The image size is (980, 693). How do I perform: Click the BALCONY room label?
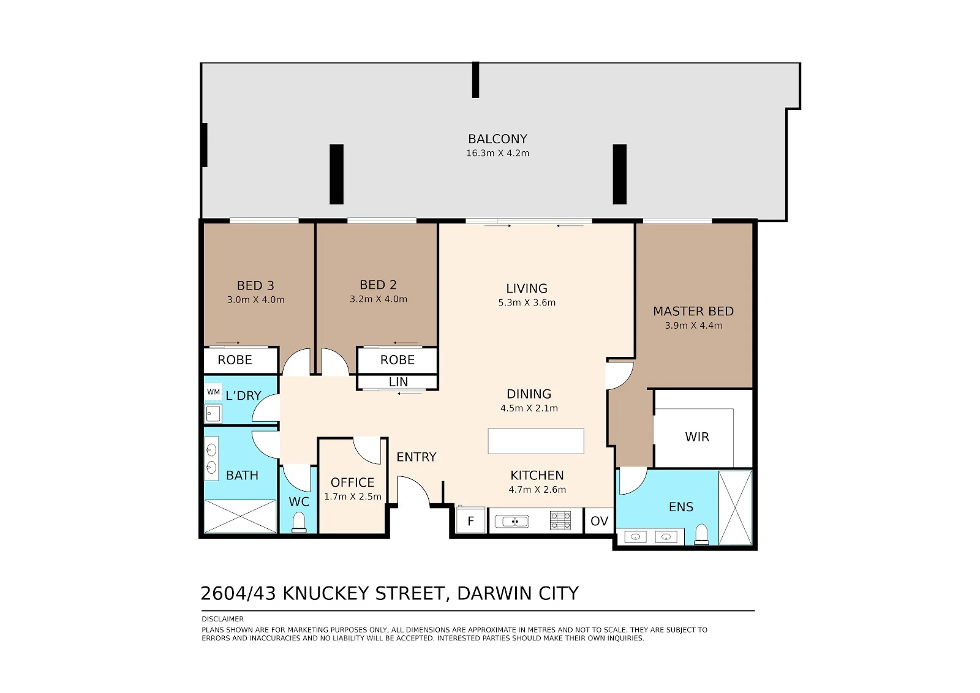[x=497, y=139]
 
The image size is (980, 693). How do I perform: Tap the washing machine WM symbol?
[x=214, y=392]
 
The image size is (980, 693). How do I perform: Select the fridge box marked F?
[x=471, y=520]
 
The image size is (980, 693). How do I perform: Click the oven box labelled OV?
[x=599, y=521]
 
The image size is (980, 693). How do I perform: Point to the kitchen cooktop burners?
[x=560, y=520]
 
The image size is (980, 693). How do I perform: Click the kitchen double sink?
[x=512, y=521]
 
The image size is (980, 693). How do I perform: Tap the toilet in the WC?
[x=300, y=522]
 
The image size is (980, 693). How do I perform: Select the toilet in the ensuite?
[x=701, y=534]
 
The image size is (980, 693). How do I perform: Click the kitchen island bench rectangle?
[x=536, y=441]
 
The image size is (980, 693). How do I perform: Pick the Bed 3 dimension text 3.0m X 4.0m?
[x=255, y=300]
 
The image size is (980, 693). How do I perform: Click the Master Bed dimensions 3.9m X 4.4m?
[x=693, y=326]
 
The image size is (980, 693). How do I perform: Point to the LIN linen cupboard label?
[x=398, y=382]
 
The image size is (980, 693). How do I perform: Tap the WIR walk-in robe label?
[x=697, y=436]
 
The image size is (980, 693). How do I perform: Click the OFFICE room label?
[x=352, y=482]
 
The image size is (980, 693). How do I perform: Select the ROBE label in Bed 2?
[x=398, y=360]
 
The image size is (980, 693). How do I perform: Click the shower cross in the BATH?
[x=241, y=516]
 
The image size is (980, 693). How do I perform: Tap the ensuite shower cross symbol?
[x=736, y=508]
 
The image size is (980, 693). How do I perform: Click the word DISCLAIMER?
[x=223, y=619]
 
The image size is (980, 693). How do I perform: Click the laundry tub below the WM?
[x=213, y=414]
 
